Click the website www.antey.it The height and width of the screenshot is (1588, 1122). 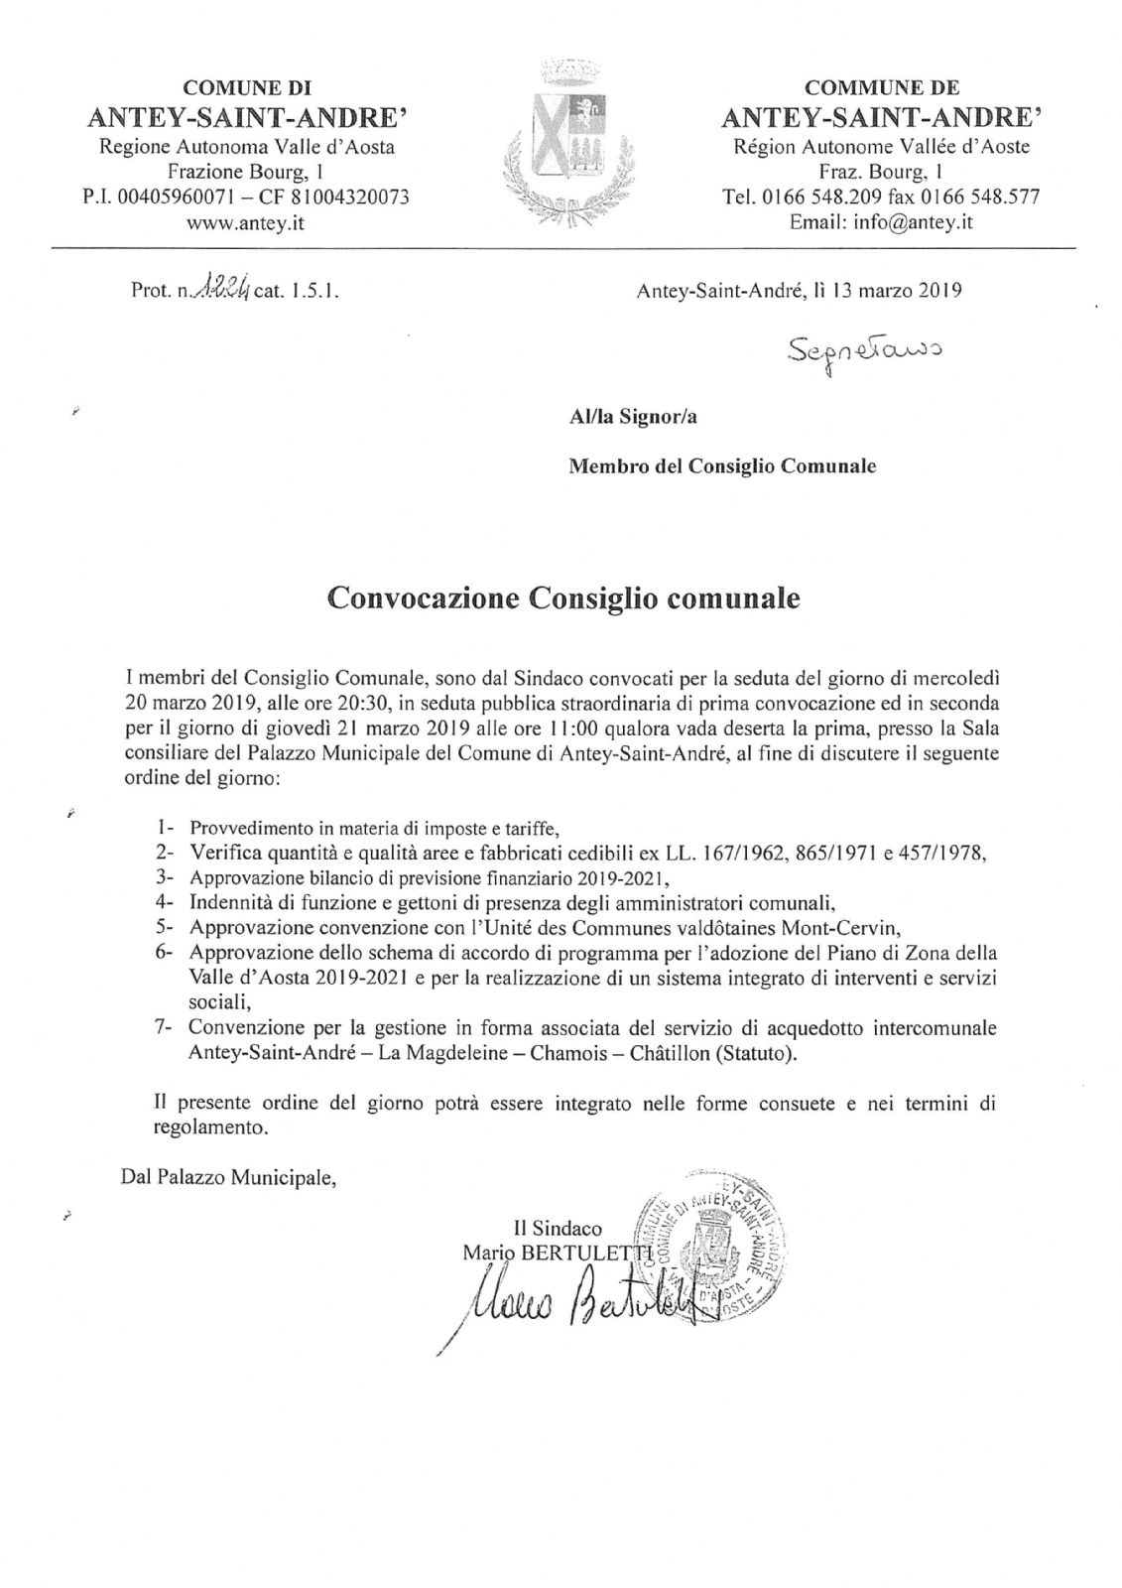246,223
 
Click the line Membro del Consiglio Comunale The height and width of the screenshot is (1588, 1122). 721,465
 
